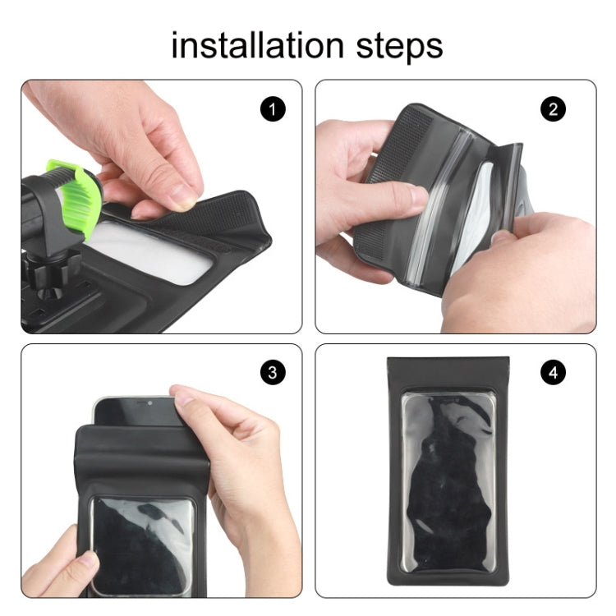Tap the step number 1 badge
point(273,108)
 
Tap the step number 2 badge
point(554,108)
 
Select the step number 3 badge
point(273,373)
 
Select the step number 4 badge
point(554,373)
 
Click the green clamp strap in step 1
point(77,197)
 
